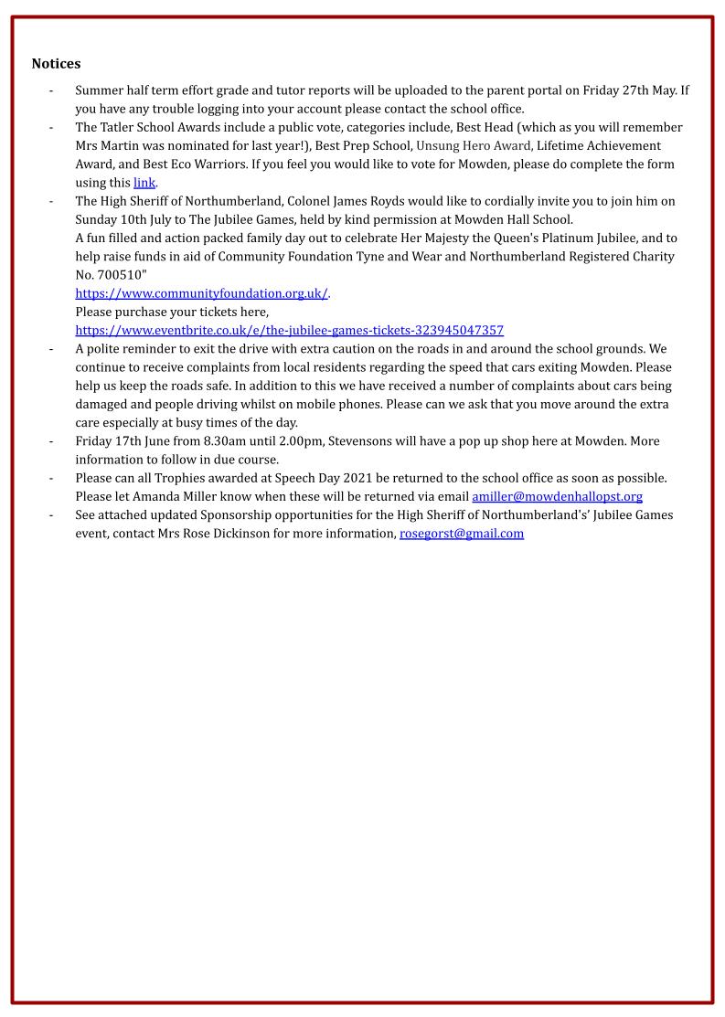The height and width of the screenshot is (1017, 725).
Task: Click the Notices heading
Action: [x=56, y=64]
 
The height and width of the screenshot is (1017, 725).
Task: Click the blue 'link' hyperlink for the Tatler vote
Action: [x=144, y=183]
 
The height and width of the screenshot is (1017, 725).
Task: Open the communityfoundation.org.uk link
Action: [x=201, y=293]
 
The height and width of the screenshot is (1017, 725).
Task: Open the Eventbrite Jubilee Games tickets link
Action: [x=289, y=330]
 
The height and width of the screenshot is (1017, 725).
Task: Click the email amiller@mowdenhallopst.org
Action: [x=557, y=496]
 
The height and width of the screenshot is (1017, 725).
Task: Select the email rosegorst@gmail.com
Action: [x=462, y=534]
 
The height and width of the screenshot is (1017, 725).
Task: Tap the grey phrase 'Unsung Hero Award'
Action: [x=474, y=146]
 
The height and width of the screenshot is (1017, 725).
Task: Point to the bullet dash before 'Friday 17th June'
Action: [x=50, y=441]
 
